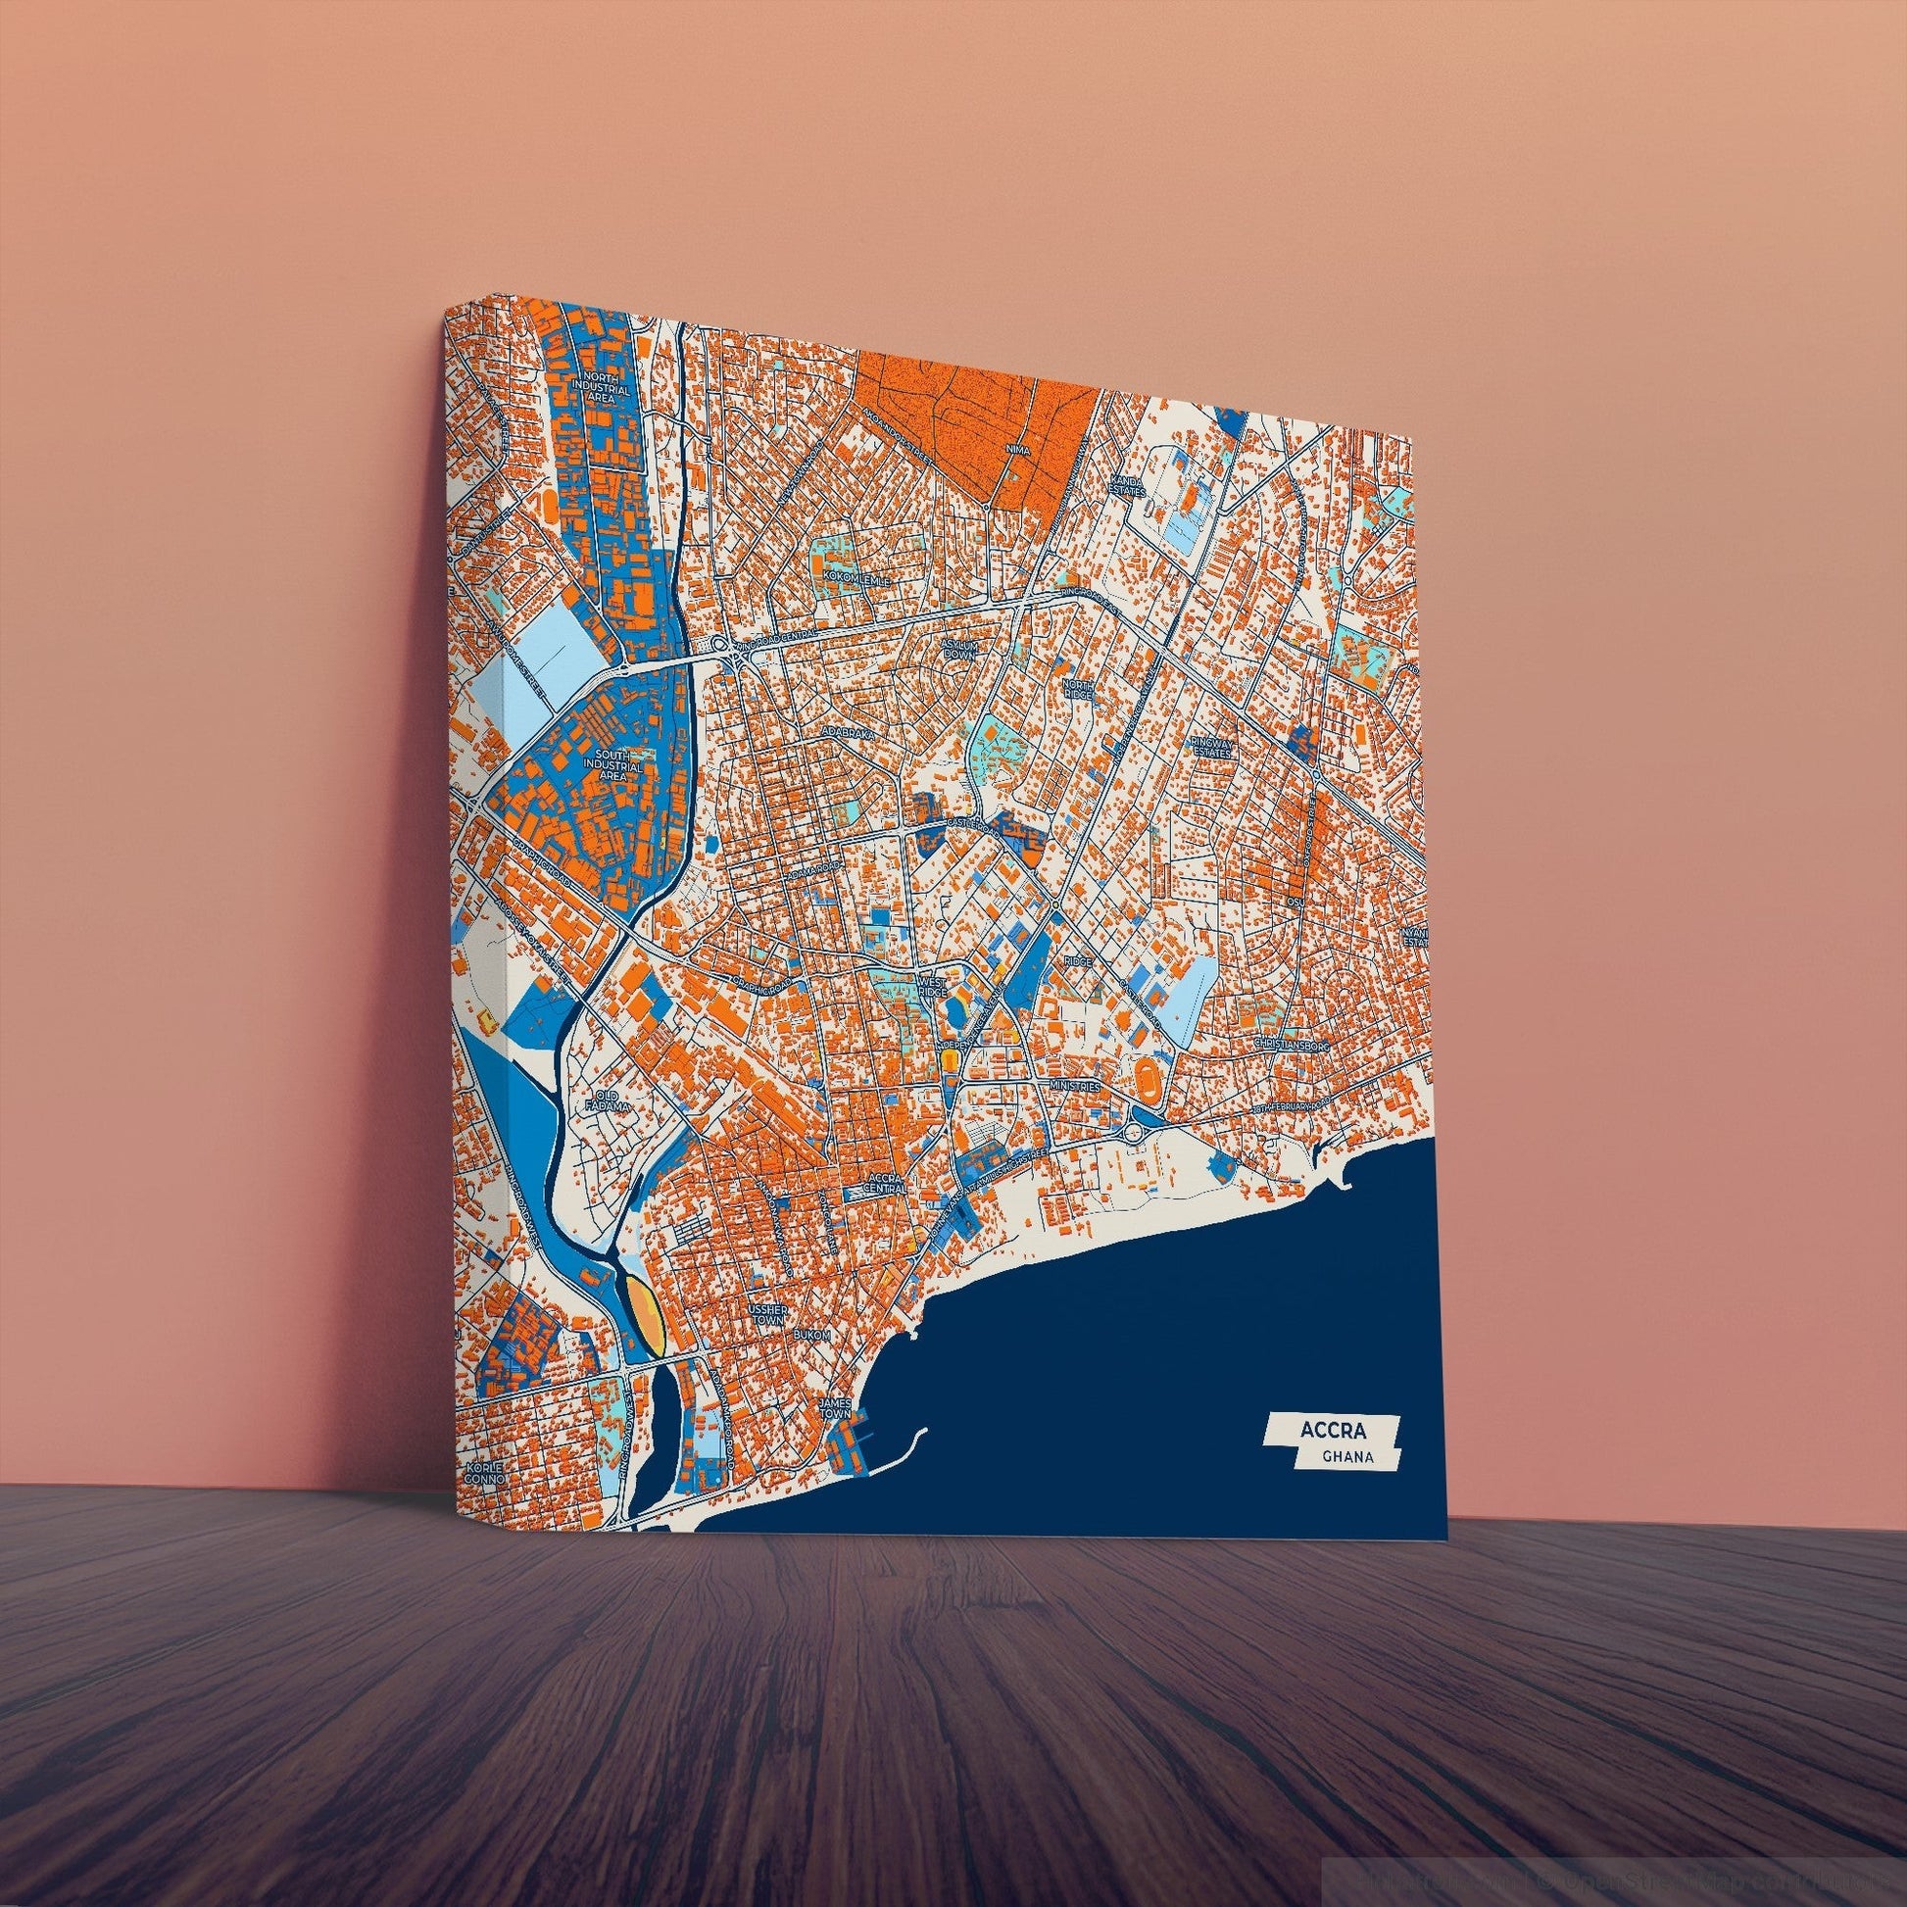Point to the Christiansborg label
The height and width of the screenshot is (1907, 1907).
[x=1293, y=1044]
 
